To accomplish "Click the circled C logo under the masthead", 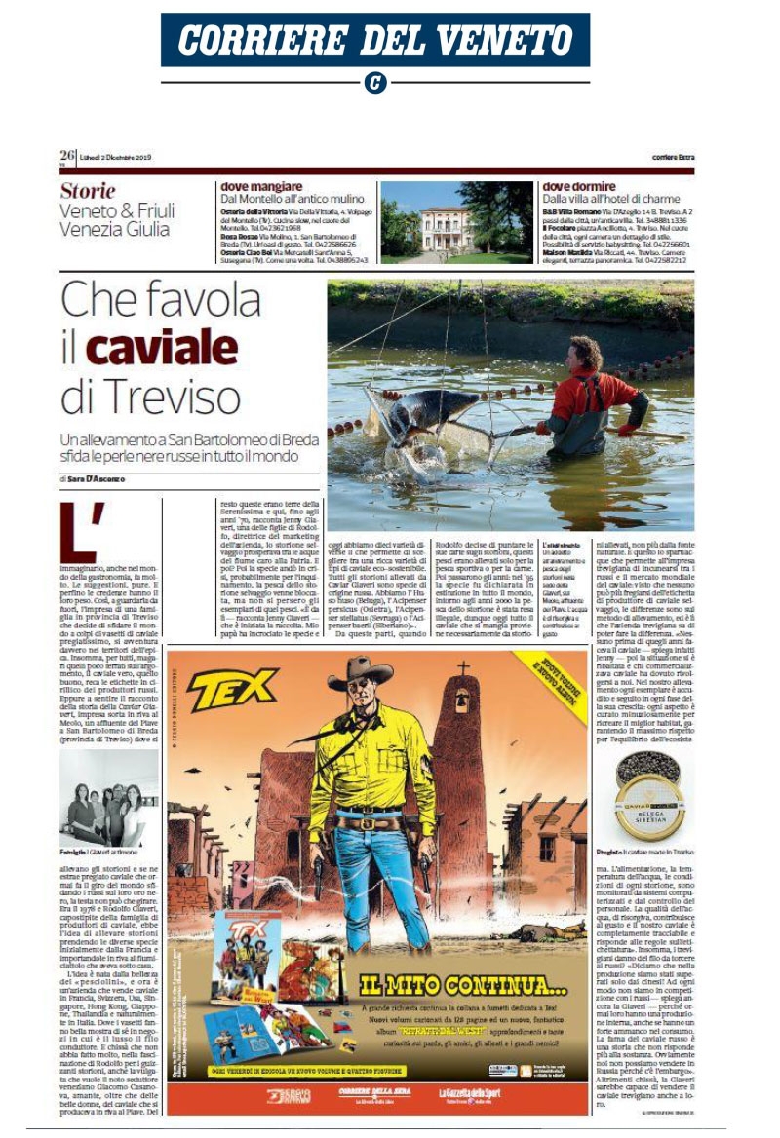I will (374, 83).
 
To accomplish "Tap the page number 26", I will (67, 155).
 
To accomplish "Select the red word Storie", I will (88, 191).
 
